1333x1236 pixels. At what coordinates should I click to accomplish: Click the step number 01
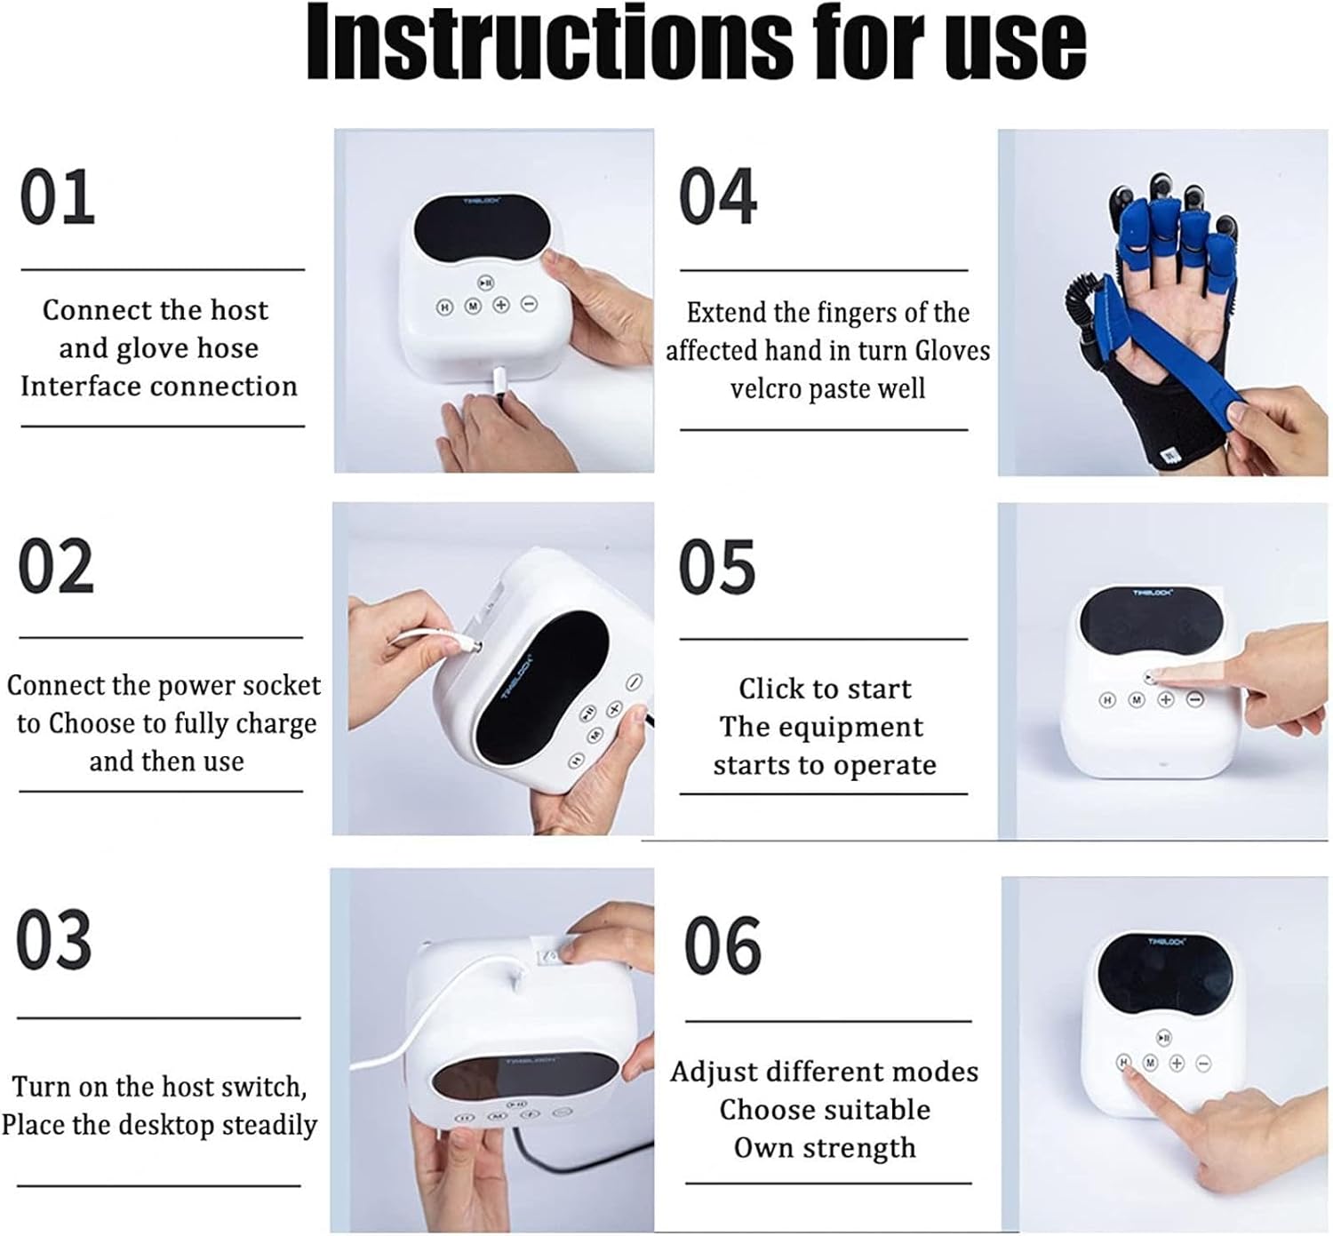[x=57, y=196]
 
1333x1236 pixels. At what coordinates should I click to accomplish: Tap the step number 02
[x=55, y=566]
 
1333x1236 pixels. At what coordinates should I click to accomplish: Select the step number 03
[x=53, y=939]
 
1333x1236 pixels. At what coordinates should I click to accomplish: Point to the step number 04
[x=718, y=196]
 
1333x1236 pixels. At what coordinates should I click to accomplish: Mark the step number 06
[x=722, y=945]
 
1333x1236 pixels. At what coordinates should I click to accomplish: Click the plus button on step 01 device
[x=501, y=305]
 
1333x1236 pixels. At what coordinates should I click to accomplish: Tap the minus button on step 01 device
[x=530, y=304]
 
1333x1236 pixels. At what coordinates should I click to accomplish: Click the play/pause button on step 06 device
[x=1164, y=1037]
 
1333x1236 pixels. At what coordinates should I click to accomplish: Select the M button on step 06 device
[x=1150, y=1063]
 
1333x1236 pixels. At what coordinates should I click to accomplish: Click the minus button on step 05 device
[x=1195, y=699]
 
